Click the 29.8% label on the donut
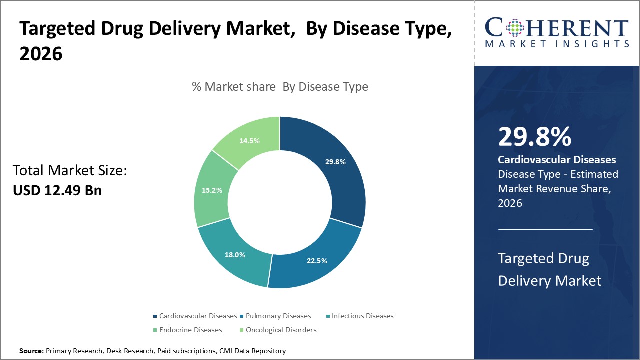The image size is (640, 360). (x=335, y=162)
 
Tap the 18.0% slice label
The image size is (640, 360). (x=235, y=255)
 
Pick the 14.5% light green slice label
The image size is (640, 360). (x=249, y=141)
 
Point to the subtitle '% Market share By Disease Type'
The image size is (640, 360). (x=280, y=87)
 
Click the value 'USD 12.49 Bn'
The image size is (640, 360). (x=57, y=190)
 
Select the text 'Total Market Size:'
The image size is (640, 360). (x=70, y=171)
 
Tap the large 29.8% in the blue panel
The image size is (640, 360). (x=534, y=137)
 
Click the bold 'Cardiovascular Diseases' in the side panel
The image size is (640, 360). (x=557, y=160)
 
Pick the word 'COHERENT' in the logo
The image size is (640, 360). (x=557, y=28)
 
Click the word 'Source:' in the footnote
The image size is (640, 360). (x=31, y=351)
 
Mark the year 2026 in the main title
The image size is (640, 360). (x=41, y=54)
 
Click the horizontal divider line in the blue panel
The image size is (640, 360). (x=545, y=229)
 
